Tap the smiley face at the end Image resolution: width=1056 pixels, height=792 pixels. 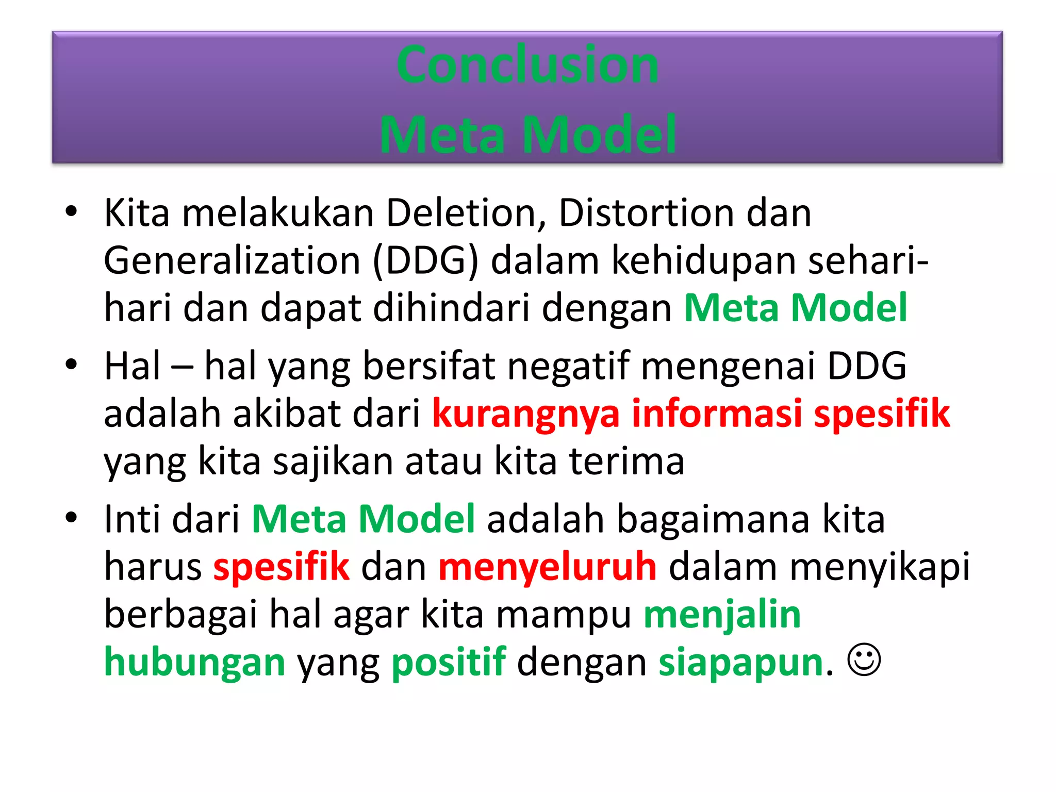tap(864, 659)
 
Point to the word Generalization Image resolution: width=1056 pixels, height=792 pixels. tap(232, 260)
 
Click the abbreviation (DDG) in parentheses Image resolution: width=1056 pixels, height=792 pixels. tap(425, 261)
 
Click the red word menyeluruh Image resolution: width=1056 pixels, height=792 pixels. tap(547, 566)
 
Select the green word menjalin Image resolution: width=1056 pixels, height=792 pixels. tap(722, 615)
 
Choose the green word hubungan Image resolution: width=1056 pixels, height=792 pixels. tap(194, 663)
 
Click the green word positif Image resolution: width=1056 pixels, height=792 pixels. tap(449, 663)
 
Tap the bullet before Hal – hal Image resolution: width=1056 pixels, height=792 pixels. tap(71, 364)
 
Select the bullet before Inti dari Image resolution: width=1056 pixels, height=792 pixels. tap(71, 517)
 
